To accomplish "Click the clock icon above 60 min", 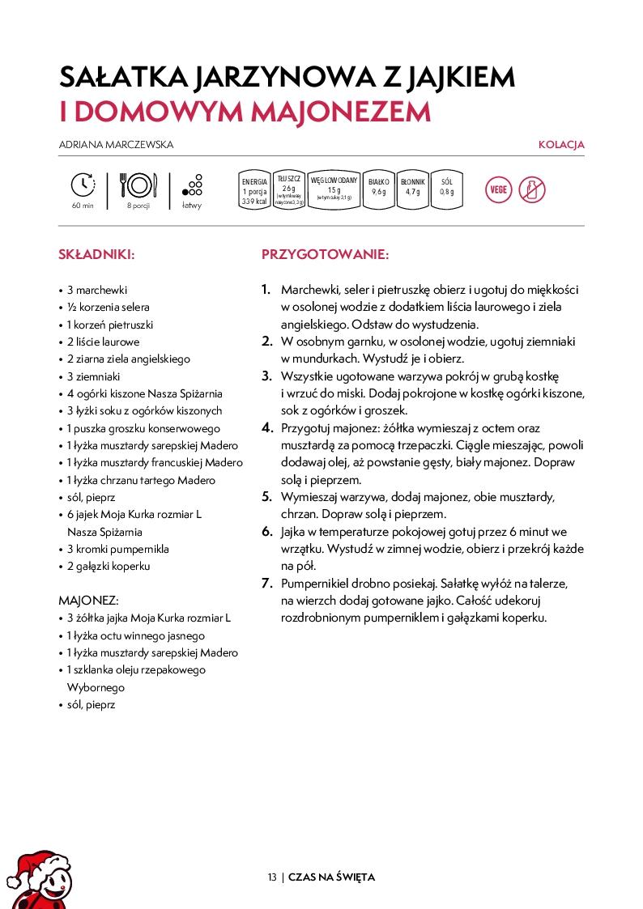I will [83, 185].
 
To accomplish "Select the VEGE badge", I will [498, 189].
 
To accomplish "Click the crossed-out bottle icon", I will [532, 189].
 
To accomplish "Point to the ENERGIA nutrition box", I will [253, 191].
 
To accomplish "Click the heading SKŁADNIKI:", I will [96, 254].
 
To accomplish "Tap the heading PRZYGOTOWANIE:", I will [325, 254].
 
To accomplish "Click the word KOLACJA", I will [561, 145].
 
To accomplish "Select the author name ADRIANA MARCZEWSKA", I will [117, 145].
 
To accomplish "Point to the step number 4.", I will [266, 428].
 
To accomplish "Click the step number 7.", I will [266, 583].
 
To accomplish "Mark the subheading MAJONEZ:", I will [89, 601].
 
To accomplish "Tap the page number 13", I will [272, 877].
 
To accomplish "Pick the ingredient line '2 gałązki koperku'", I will [109, 566].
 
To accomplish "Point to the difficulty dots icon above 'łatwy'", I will [193, 185].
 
